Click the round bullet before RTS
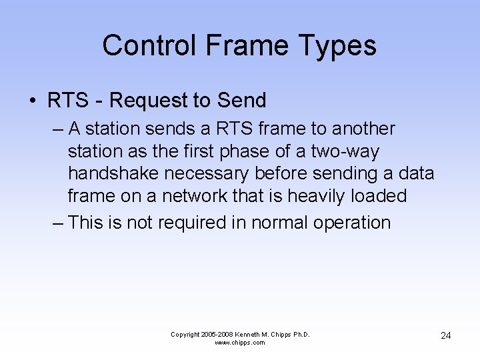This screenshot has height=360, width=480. [x=32, y=101]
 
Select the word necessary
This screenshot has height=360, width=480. [x=208, y=173]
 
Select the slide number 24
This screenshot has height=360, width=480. [x=446, y=335]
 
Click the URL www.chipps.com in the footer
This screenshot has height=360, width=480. [x=240, y=343]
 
